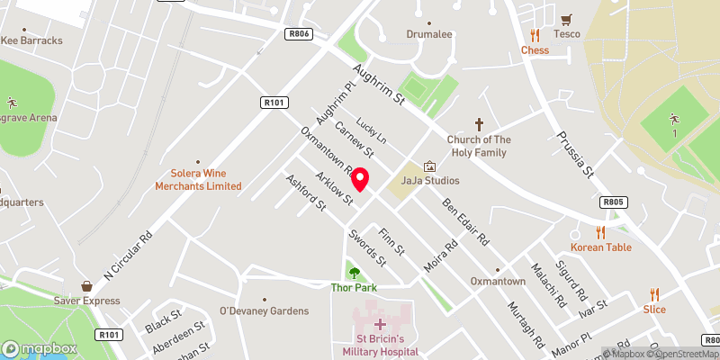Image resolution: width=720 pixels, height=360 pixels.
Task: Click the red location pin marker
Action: (x=360, y=179)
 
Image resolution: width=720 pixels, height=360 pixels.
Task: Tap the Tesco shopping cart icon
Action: (x=567, y=20)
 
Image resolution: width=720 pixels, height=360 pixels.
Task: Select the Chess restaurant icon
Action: (x=535, y=36)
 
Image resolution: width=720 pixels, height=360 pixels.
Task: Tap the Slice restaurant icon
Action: (x=654, y=294)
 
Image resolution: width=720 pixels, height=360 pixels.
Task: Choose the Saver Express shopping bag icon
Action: (x=86, y=286)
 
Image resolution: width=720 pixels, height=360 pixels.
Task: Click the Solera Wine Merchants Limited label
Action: (x=200, y=180)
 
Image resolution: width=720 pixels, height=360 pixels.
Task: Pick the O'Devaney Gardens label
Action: (x=264, y=310)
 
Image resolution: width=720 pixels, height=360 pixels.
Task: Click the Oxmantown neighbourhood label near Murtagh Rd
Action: (x=498, y=282)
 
